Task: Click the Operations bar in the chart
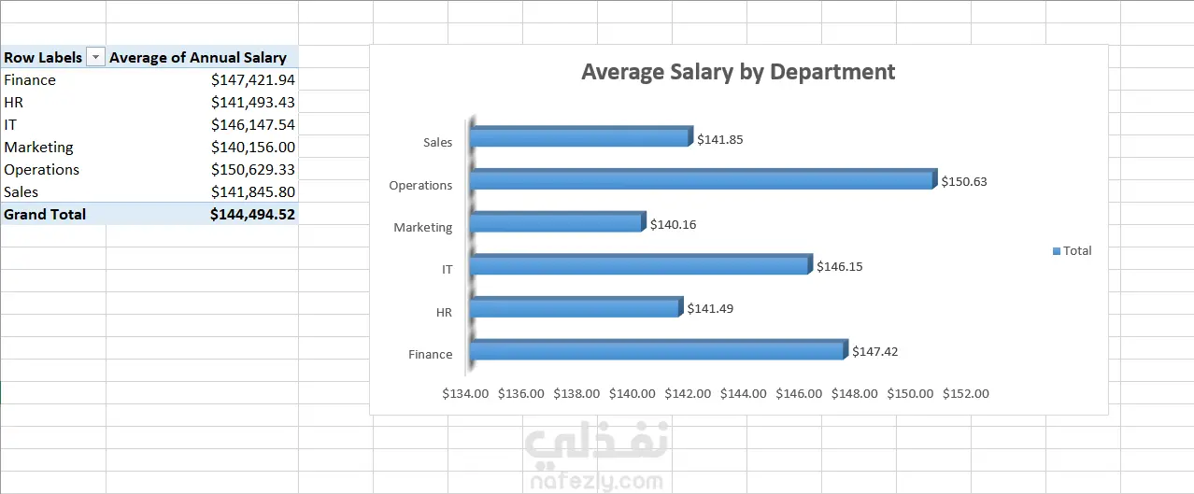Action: tap(701, 179)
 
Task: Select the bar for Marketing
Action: tap(556, 222)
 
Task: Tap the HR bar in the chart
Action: tap(575, 307)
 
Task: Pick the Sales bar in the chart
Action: tap(580, 137)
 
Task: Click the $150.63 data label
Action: tap(963, 181)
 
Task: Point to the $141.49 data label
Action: tap(710, 308)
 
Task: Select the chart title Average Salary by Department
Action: tap(738, 72)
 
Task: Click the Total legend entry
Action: tap(1072, 250)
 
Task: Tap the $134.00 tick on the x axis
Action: tap(465, 393)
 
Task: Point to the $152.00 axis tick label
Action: tap(966, 393)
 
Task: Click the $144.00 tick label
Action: tap(744, 393)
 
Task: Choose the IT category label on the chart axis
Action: tap(447, 269)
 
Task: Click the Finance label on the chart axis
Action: tap(430, 354)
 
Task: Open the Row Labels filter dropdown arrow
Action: tap(95, 58)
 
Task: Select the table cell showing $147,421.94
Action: tap(252, 80)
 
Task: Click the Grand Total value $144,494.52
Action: tap(252, 215)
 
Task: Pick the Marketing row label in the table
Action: tap(38, 148)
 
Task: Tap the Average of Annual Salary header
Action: tap(198, 58)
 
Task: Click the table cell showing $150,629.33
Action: tap(252, 170)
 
